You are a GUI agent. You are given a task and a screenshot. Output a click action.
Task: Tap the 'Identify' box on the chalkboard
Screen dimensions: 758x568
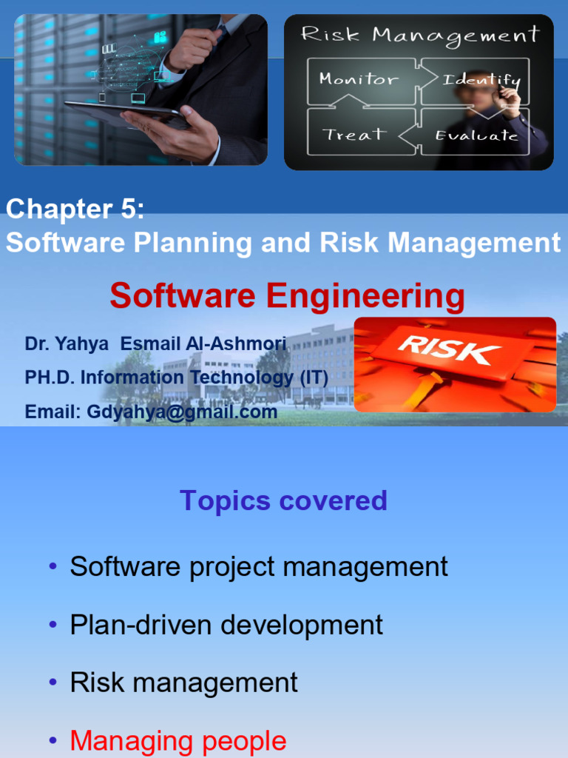(x=481, y=79)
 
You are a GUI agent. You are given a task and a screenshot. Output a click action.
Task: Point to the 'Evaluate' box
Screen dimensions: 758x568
(x=476, y=135)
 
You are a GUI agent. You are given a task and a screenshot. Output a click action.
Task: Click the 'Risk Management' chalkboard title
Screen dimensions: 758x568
(x=419, y=35)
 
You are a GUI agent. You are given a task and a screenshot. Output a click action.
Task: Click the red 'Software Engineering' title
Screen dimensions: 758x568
(x=287, y=296)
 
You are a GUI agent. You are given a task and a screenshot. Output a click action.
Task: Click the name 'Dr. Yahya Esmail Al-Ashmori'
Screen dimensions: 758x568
(x=155, y=343)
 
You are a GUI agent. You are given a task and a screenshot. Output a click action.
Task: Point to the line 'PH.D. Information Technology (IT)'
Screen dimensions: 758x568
(x=177, y=378)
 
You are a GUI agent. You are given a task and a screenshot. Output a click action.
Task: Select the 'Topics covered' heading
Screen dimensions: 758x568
(x=283, y=500)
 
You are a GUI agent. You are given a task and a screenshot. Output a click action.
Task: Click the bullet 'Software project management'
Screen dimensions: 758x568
(x=259, y=566)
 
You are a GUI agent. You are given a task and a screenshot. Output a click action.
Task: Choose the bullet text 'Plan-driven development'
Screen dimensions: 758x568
(x=226, y=624)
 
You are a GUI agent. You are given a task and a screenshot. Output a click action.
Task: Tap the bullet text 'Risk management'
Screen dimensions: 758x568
(x=183, y=682)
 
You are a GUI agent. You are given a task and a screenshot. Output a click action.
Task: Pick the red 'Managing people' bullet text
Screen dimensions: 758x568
(x=177, y=740)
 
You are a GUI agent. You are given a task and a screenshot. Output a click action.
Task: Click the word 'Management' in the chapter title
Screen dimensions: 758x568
(x=474, y=243)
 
